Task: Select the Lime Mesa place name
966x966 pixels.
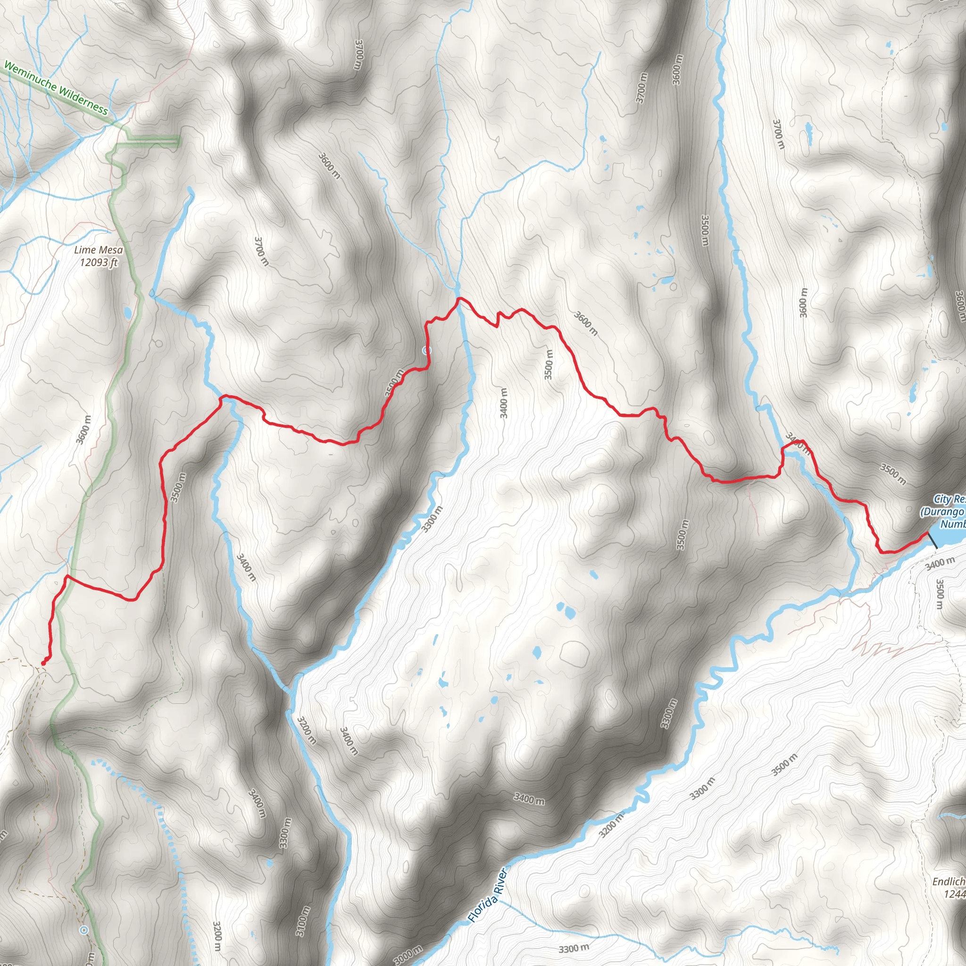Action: pos(99,250)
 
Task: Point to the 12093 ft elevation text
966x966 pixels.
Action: pos(99,262)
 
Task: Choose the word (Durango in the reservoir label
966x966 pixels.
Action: pos(942,512)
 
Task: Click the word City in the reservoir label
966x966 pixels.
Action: pos(942,499)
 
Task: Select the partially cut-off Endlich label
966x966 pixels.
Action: pos(949,882)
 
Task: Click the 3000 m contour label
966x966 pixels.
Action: pos(408,956)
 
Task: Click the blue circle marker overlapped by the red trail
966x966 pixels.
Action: pos(426,350)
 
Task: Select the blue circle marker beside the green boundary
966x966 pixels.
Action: pos(84,930)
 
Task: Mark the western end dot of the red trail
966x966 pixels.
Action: pos(43,663)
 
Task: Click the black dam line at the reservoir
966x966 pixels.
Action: pos(933,541)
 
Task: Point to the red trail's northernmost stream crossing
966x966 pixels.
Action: pos(458,300)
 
